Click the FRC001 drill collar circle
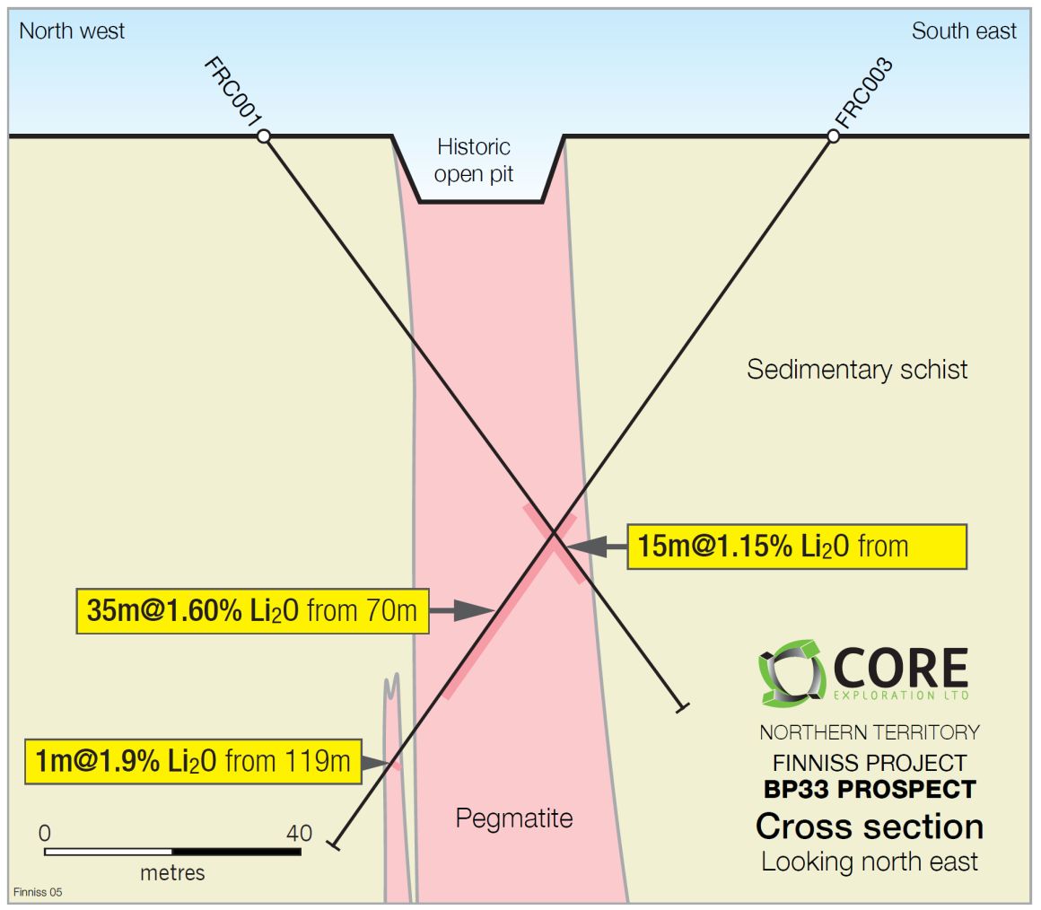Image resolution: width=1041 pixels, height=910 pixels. [263, 136]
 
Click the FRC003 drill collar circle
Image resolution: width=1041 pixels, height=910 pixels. [833, 136]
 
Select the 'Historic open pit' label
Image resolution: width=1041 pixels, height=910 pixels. [474, 160]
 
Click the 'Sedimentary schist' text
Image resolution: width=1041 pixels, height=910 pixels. [857, 369]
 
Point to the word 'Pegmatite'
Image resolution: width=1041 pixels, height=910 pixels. [513, 818]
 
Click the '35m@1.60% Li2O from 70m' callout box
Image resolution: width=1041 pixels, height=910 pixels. [252, 611]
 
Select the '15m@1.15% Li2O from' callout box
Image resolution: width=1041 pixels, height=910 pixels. [796, 546]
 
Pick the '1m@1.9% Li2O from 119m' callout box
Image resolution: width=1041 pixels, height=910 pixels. [193, 762]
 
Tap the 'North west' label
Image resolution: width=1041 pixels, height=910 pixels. [72, 31]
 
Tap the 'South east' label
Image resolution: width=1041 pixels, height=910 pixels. [964, 31]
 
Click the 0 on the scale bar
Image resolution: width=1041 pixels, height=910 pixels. [45, 832]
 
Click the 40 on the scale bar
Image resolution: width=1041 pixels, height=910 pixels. [299, 832]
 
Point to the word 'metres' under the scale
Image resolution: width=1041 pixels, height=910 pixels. [172, 871]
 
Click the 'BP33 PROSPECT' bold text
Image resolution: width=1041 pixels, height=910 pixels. [870, 790]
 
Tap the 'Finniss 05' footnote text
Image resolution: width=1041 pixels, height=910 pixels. [39, 892]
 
